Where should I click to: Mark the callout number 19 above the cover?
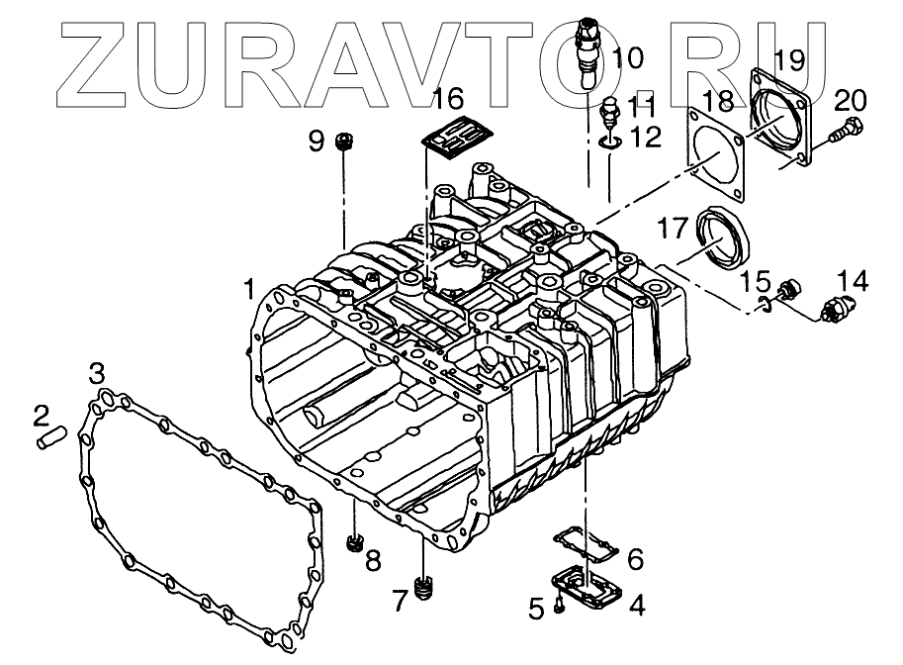point(790,59)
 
